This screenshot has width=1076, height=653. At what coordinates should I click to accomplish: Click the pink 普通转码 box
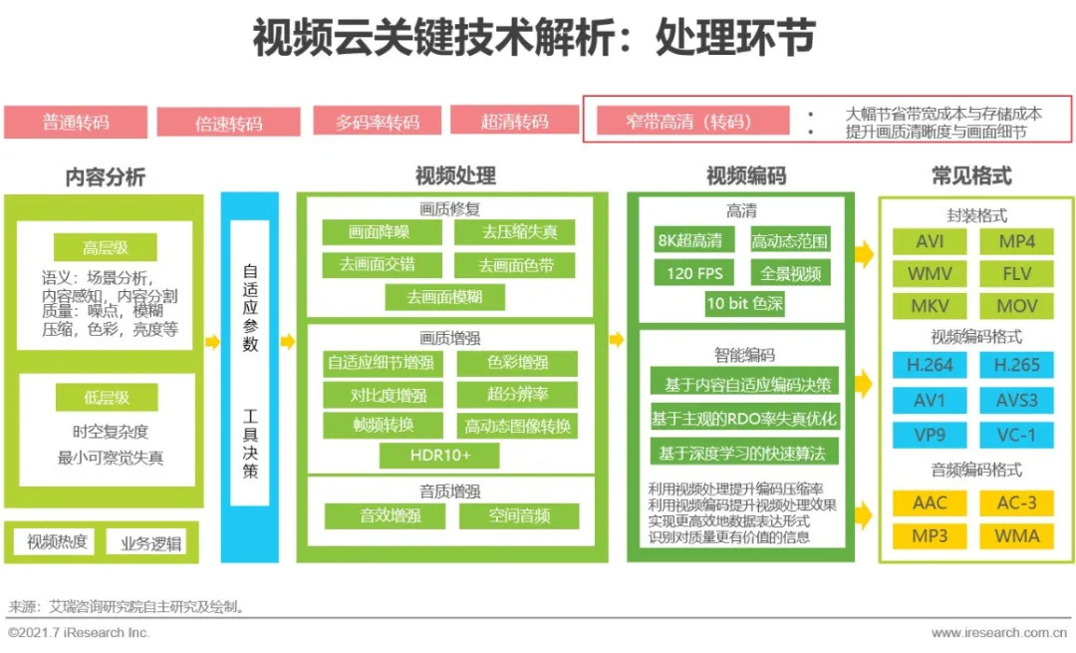[76, 123]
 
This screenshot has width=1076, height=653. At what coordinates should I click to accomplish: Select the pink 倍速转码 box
[228, 123]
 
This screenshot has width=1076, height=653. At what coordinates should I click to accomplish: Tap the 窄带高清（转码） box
[692, 122]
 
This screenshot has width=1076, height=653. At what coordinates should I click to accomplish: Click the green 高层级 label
[105, 247]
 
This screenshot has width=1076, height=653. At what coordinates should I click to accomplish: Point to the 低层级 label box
[107, 398]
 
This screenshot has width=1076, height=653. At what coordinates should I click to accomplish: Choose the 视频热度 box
[56, 542]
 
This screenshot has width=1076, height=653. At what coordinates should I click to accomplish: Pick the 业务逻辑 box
[150, 543]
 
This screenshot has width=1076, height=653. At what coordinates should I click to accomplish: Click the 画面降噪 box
[382, 232]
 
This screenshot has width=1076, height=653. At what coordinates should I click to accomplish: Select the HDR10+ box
[439, 456]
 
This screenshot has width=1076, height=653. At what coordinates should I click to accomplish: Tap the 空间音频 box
[519, 515]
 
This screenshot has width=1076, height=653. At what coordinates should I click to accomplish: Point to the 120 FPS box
[693, 273]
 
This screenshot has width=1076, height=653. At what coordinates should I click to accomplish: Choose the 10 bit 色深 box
[744, 303]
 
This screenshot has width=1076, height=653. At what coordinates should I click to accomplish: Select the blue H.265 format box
[1016, 365]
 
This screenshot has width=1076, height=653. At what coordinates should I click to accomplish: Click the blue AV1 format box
[930, 401]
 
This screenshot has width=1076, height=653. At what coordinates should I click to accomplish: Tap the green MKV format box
[930, 305]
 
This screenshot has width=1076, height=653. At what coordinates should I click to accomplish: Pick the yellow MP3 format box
[930, 535]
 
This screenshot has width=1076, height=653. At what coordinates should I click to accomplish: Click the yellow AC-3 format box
[1016, 502]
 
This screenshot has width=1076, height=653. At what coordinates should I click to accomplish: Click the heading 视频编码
[746, 175]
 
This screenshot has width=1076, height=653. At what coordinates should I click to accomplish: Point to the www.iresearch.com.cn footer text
[998, 632]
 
